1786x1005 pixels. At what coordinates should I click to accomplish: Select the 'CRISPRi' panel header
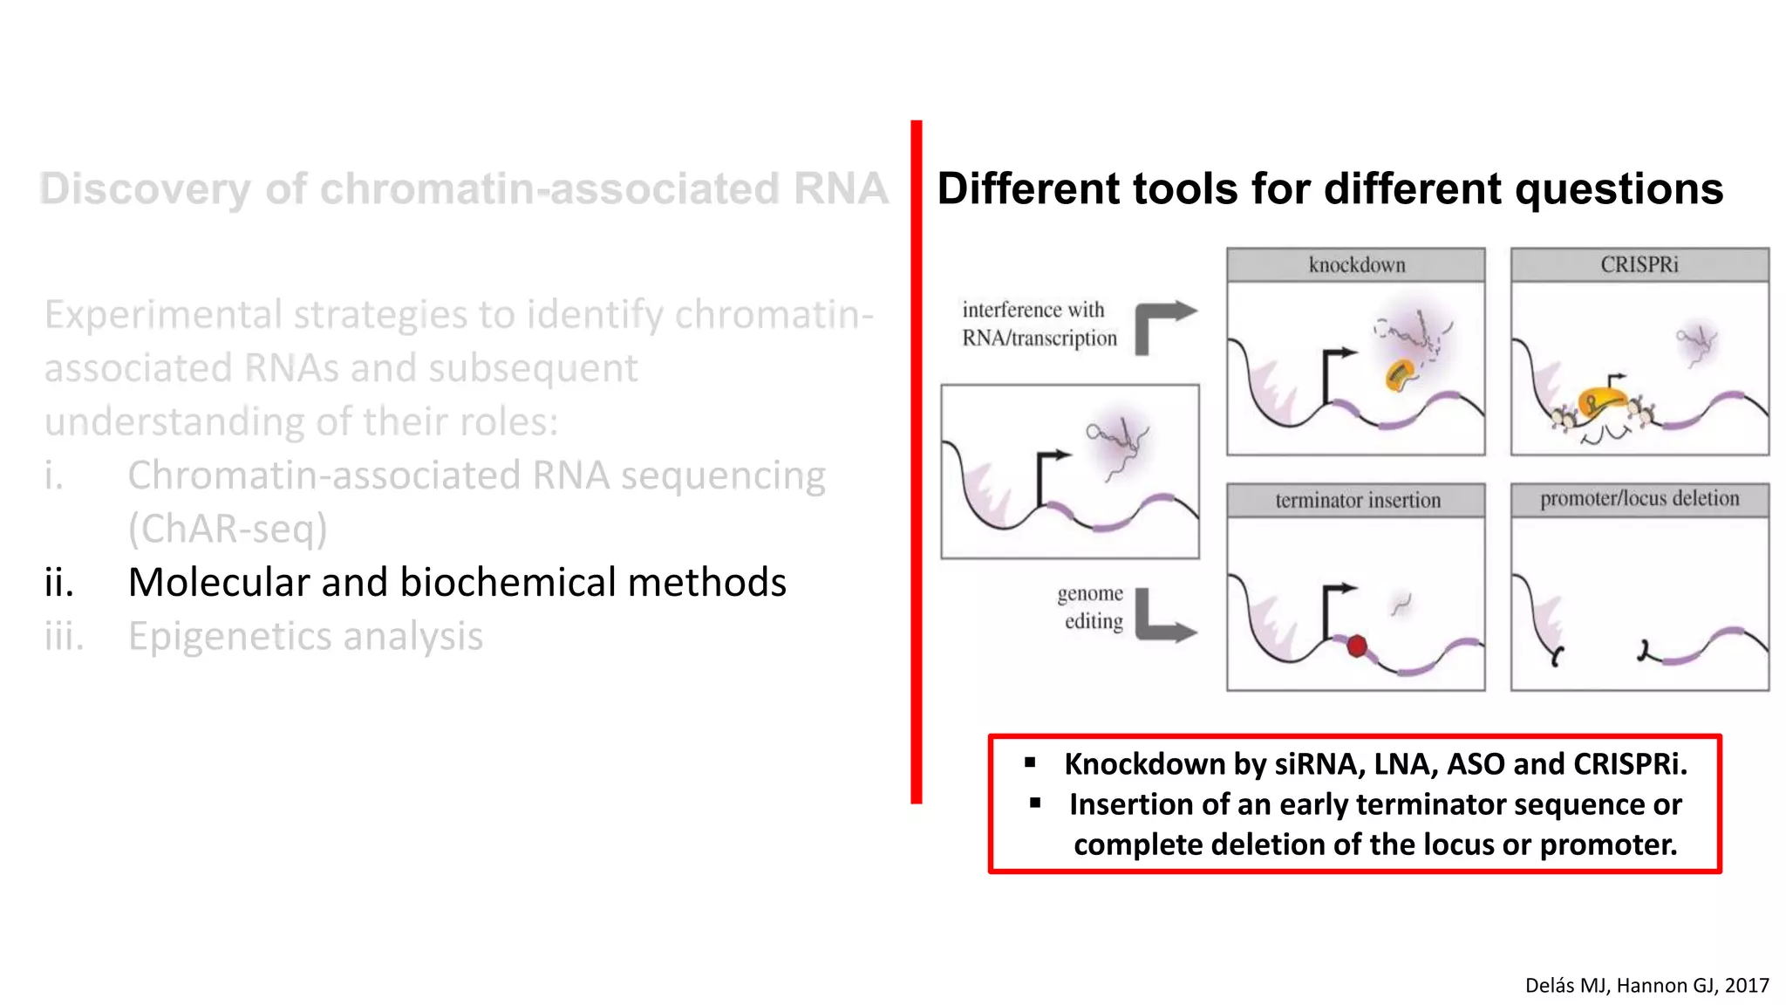pyautogui.click(x=1639, y=264)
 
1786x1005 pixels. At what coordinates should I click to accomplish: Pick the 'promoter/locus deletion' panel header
pyautogui.click(x=1639, y=499)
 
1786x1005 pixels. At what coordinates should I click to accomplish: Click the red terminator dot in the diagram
pyautogui.click(x=1356, y=646)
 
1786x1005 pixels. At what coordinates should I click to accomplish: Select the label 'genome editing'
pyautogui.click(x=1091, y=607)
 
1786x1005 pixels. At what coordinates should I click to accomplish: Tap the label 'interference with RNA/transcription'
pyautogui.click(x=1038, y=324)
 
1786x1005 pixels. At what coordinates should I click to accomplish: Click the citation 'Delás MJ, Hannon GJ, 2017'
pyautogui.click(x=1646, y=985)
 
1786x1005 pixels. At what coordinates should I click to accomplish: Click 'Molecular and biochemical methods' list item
pyautogui.click(x=456, y=583)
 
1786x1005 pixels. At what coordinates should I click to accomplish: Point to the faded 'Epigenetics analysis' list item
pyautogui.click(x=305, y=636)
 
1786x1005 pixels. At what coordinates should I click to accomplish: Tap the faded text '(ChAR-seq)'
pyautogui.click(x=228, y=529)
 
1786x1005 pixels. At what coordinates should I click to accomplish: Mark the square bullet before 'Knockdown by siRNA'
pyautogui.click(x=1030, y=762)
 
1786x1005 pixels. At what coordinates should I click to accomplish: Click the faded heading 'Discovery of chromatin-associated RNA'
pyautogui.click(x=463, y=189)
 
